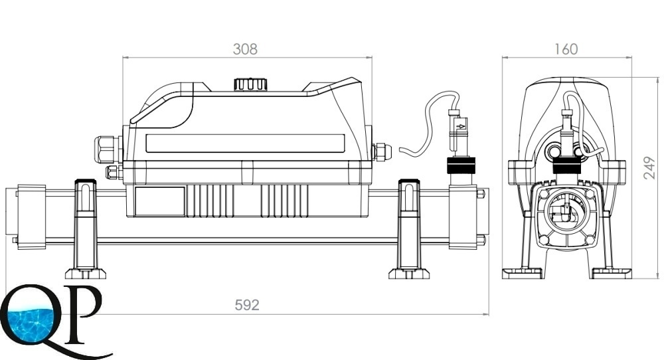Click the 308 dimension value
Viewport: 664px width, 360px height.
click(x=245, y=49)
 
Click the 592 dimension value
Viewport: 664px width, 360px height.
click(x=247, y=306)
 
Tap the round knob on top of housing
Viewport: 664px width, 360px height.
click(x=250, y=84)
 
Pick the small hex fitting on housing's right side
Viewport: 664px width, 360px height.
click(x=380, y=151)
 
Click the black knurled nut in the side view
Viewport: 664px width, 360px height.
click(x=460, y=165)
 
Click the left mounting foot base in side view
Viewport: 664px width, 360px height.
click(x=86, y=273)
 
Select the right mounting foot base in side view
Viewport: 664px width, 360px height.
click(x=409, y=273)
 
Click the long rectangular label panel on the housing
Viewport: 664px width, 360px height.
click(x=245, y=143)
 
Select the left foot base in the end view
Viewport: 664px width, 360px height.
click(x=523, y=272)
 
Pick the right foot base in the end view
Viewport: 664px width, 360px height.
click(x=611, y=272)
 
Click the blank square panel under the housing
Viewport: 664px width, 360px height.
click(x=160, y=201)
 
